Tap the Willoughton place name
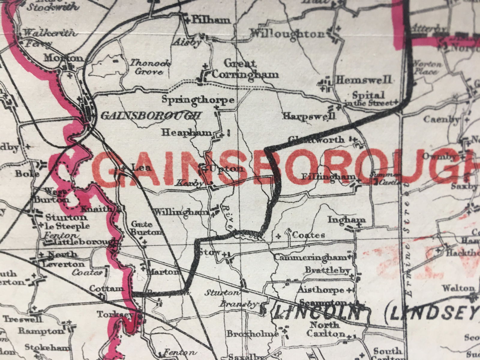tap(287, 34)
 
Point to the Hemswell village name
tap(364, 80)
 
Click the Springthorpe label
tap(198, 100)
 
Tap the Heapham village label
tap(187, 132)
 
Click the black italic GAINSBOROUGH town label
tap(150, 115)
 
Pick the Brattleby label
tap(327, 270)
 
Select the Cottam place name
tap(106, 289)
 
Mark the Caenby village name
tap(441, 119)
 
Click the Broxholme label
tap(251, 334)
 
